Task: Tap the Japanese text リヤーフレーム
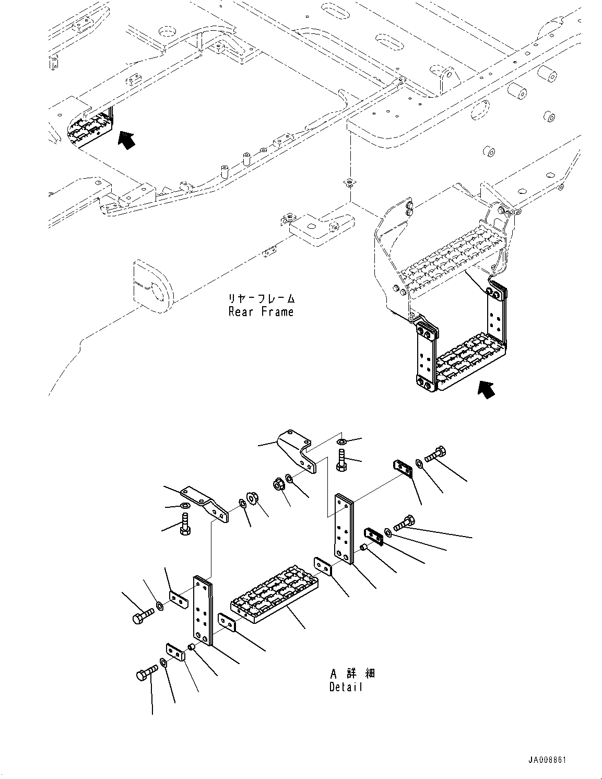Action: pyautogui.click(x=261, y=299)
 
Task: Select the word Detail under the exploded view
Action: pyautogui.click(x=346, y=687)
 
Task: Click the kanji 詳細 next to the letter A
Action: pyautogui.click(x=362, y=673)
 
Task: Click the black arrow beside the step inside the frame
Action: pyautogui.click(x=125, y=139)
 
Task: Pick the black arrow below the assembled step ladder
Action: pyautogui.click(x=486, y=389)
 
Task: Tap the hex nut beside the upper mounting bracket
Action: pyautogui.click(x=279, y=484)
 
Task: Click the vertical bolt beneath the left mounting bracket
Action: pyautogui.click(x=184, y=524)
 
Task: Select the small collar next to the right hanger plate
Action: pyautogui.click(x=363, y=548)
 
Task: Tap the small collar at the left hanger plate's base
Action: pyautogui.click(x=192, y=648)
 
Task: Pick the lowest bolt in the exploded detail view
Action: pyautogui.click(x=145, y=673)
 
